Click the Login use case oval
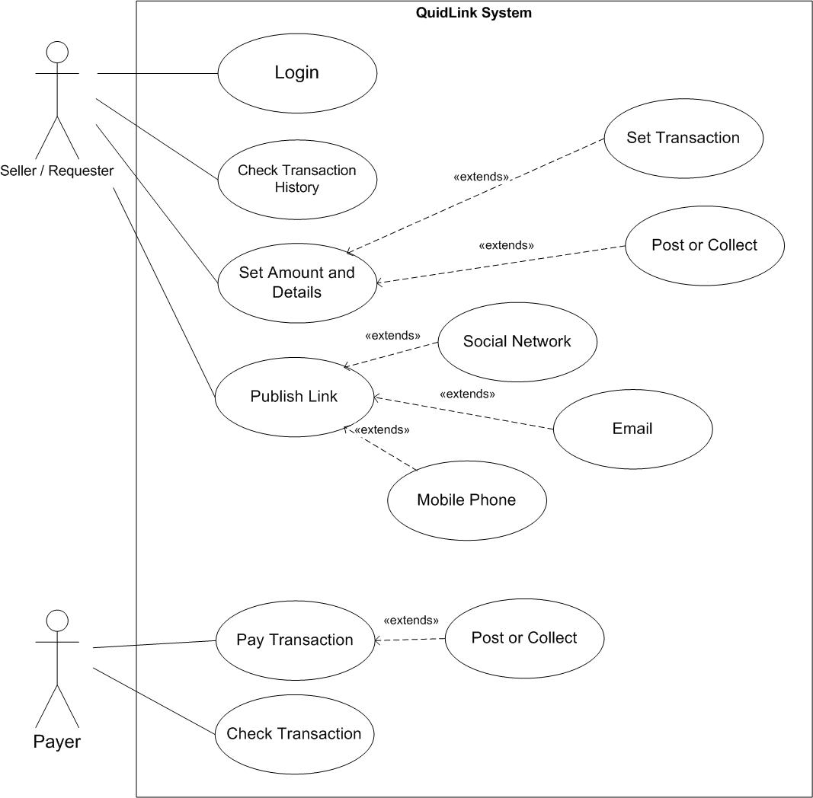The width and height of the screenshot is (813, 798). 297,73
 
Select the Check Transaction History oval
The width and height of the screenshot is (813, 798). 297,179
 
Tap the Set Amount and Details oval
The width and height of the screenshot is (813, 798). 297,282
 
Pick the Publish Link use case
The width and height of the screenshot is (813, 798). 294,397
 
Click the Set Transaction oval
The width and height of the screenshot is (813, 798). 683,138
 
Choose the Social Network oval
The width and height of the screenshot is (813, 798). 517,342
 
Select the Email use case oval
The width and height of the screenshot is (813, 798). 632,429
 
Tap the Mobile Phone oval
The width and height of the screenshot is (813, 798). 466,500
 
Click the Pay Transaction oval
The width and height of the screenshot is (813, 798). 294,640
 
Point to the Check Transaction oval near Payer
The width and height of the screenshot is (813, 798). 294,734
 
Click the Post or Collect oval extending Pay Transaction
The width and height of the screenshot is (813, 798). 524,638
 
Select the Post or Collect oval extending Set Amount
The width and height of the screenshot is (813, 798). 704,245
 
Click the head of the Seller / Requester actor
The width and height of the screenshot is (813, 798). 57,52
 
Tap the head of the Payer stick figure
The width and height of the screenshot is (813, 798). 57,621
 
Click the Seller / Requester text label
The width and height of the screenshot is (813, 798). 57,171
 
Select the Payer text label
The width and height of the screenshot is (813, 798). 57,742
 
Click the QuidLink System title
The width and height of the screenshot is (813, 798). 474,13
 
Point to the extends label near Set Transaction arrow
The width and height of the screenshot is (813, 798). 482,177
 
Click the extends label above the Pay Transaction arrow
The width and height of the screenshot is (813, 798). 411,620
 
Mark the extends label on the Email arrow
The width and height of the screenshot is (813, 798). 468,394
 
